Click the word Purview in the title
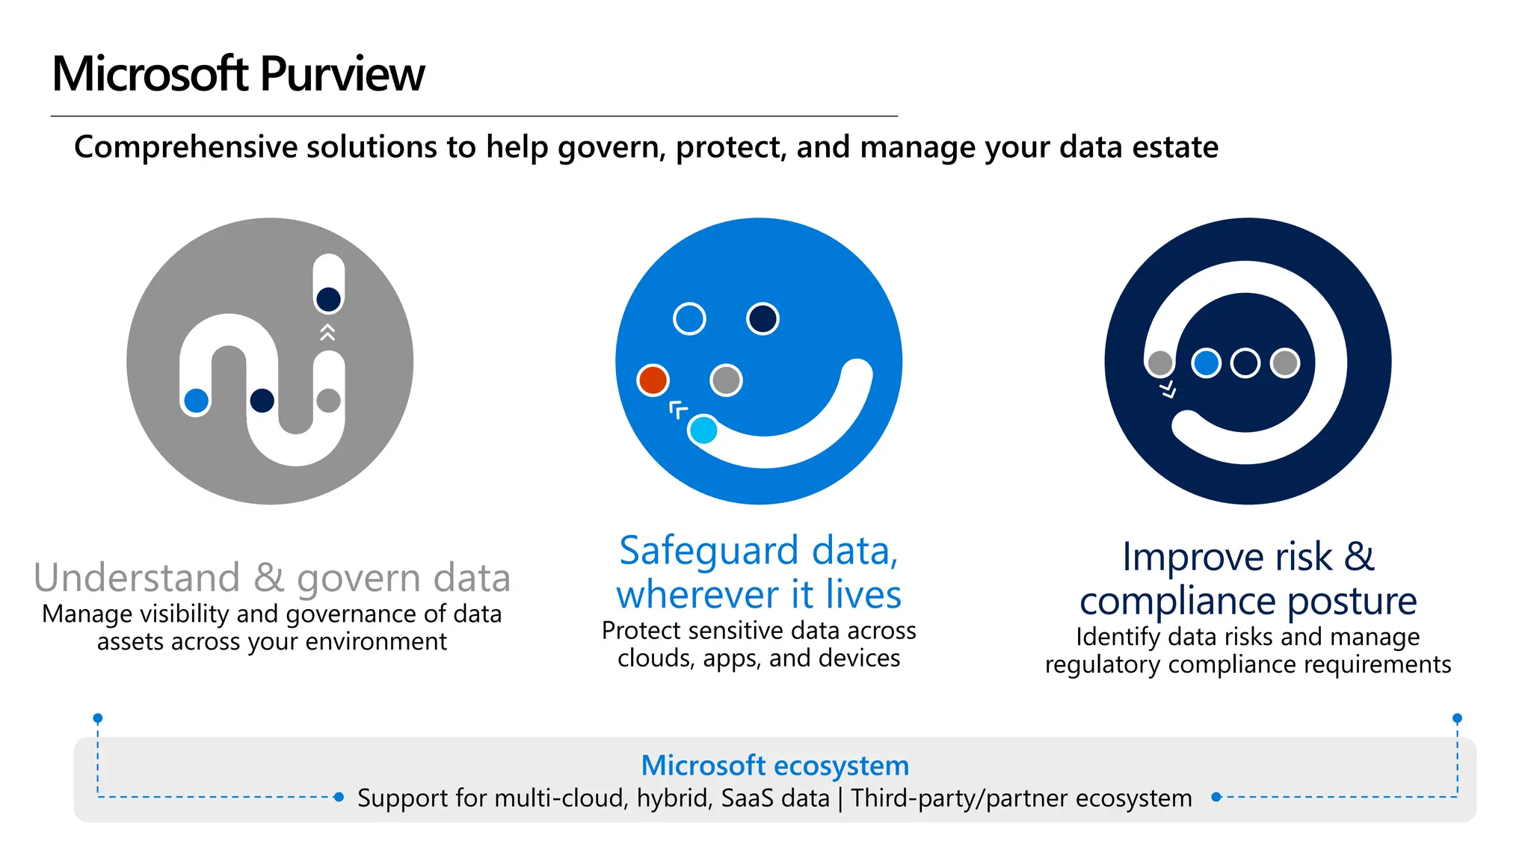pyautogui.click(x=342, y=75)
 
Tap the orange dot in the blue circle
pyautogui.click(x=653, y=380)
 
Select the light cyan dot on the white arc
pyautogui.click(x=703, y=430)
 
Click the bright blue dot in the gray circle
pyautogui.click(x=196, y=401)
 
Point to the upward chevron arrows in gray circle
pyautogui.click(x=327, y=333)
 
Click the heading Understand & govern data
pyautogui.click(x=272, y=578)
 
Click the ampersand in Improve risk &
pyautogui.click(x=1359, y=557)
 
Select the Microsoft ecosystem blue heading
pyautogui.click(x=774, y=765)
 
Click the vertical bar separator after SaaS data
pyautogui.click(x=840, y=798)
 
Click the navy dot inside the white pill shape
pyautogui.click(x=328, y=300)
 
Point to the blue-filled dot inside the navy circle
pyautogui.click(x=1206, y=363)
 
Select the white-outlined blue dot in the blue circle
pyautogui.click(x=689, y=319)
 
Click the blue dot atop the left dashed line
pyautogui.click(x=98, y=718)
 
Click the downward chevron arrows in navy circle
pyautogui.click(x=1168, y=389)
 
